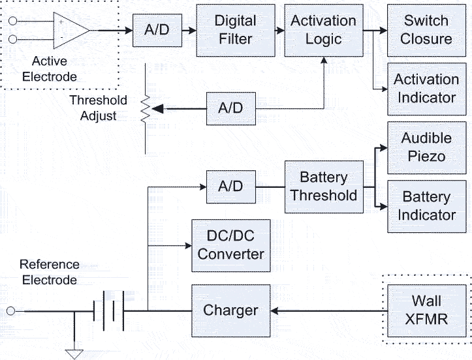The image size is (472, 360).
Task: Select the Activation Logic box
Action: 324,30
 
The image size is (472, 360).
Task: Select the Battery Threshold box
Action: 324,187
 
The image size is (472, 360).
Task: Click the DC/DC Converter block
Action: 230,245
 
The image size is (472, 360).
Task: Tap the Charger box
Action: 230,310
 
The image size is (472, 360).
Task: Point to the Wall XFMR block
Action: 426,310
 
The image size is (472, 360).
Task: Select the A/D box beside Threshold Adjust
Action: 230,108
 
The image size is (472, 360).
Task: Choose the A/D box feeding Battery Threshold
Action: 230,187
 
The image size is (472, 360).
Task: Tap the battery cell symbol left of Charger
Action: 108,310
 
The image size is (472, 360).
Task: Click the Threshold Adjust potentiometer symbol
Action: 145,108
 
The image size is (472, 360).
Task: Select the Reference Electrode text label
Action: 50,272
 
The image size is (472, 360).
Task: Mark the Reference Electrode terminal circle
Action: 10,310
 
